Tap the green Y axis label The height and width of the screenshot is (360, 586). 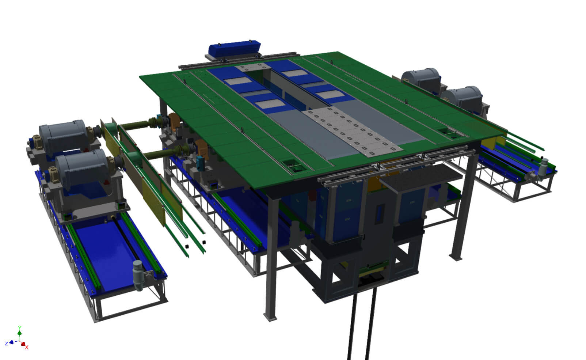(19, 327)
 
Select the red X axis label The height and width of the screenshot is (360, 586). (27, 348)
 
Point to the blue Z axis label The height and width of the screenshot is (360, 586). (7, 344)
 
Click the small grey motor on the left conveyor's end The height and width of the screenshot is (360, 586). (138, 276)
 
